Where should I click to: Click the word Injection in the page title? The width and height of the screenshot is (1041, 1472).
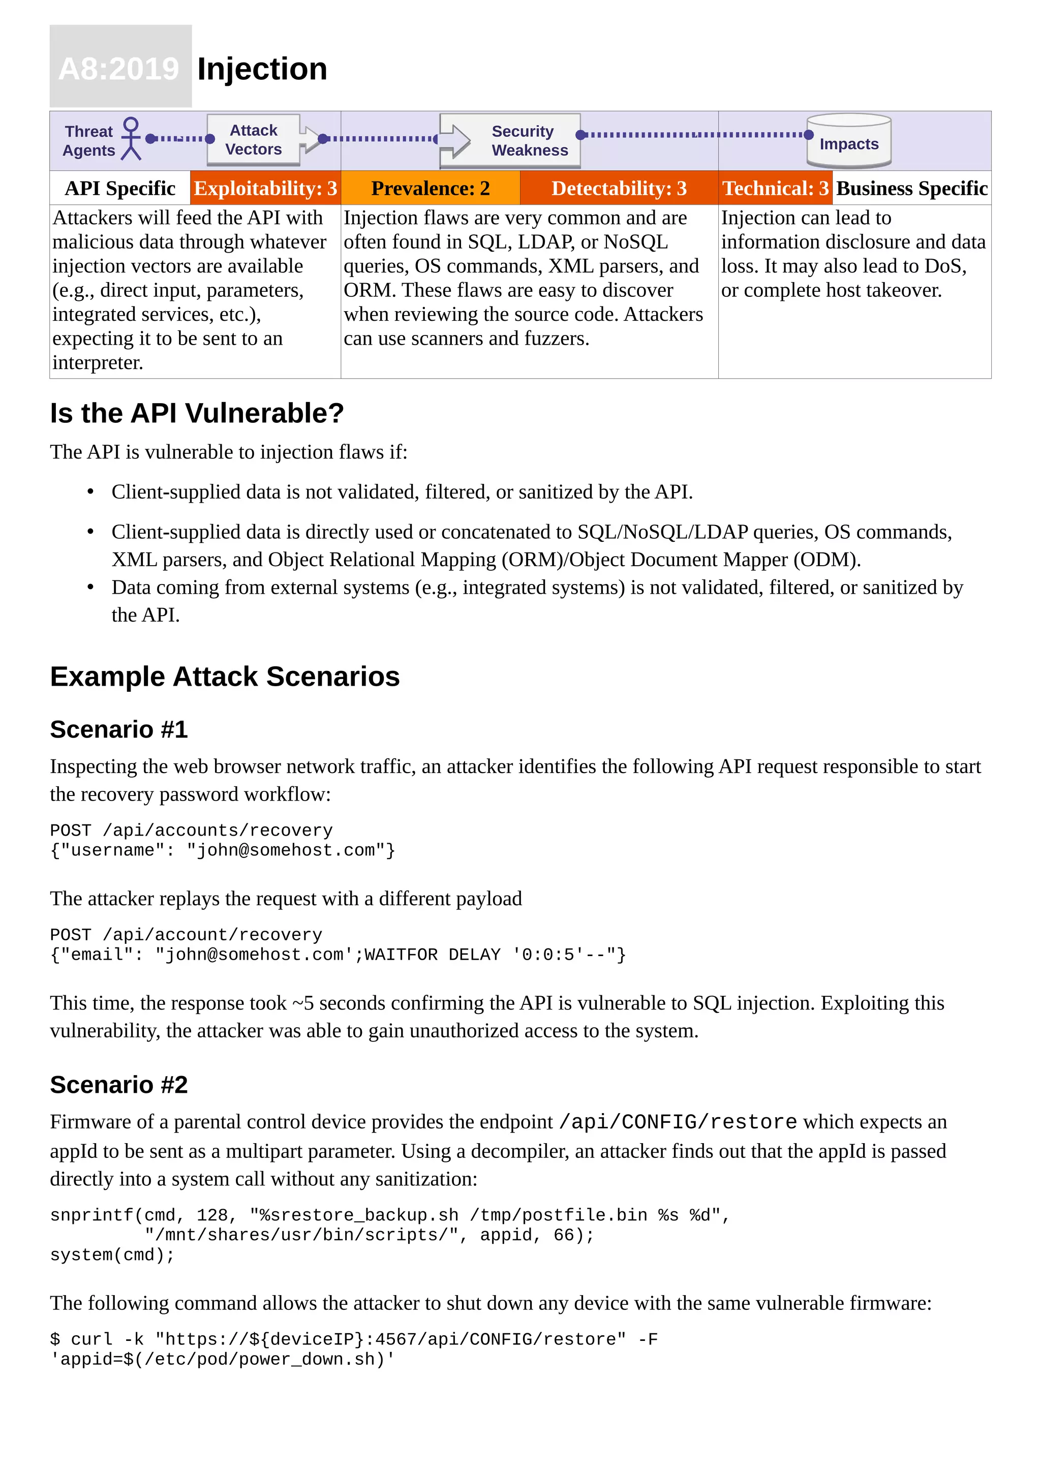(x=262, y=69)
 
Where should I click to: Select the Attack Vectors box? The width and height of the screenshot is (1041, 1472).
(x=254, y=140)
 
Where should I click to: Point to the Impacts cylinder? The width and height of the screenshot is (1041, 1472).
(x=849, y=141)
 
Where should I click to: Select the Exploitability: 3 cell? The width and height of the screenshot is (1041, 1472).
(x=265, y=189)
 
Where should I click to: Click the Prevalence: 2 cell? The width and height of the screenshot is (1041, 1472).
(x=430, y=189)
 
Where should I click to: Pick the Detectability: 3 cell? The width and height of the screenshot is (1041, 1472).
(x=619, y=189)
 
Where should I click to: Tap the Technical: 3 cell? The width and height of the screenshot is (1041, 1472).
(x=775, y=189)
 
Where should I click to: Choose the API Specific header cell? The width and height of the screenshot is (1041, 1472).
(x=120, y=189)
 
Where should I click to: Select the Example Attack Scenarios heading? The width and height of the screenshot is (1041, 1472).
(x=225, y=677)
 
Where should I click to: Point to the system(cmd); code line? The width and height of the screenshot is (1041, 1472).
(x=112, y=1254)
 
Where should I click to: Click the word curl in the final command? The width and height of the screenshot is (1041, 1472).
(x=91, y=1339)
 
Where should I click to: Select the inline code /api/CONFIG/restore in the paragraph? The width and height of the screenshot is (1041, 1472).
(x=678, y=1122)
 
